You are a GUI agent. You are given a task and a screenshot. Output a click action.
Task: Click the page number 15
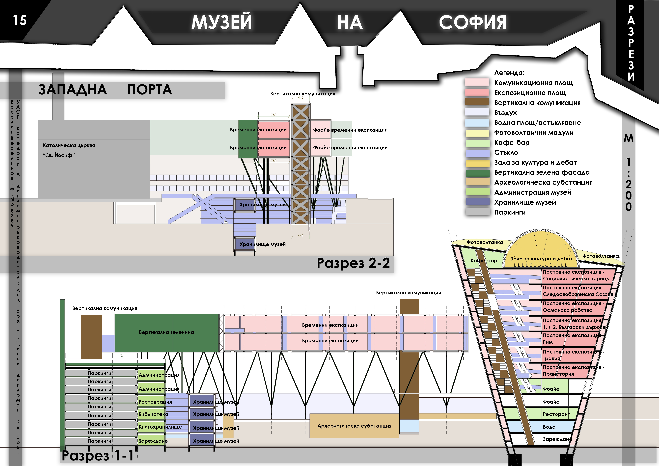[20, 20]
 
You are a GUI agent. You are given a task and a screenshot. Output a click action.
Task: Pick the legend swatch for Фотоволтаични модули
[477, 133]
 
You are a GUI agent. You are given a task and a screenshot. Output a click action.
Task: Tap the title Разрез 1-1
[98, 455]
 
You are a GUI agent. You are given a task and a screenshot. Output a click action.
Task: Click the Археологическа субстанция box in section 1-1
[354, 426]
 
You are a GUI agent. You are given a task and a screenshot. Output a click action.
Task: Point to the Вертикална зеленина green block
[166, 332]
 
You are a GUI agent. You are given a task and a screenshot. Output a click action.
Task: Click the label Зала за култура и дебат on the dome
[541, 259]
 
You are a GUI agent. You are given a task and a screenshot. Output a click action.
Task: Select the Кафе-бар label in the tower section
[484, 261]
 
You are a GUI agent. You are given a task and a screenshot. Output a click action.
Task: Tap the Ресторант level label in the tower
[556, 414]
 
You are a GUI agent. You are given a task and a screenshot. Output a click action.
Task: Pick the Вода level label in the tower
[549, 427]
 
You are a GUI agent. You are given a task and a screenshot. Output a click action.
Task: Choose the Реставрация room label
[155, 402]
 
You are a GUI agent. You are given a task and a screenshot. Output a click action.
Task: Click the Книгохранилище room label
[160, 427]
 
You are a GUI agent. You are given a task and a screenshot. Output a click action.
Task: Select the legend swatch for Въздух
[477, 112]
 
